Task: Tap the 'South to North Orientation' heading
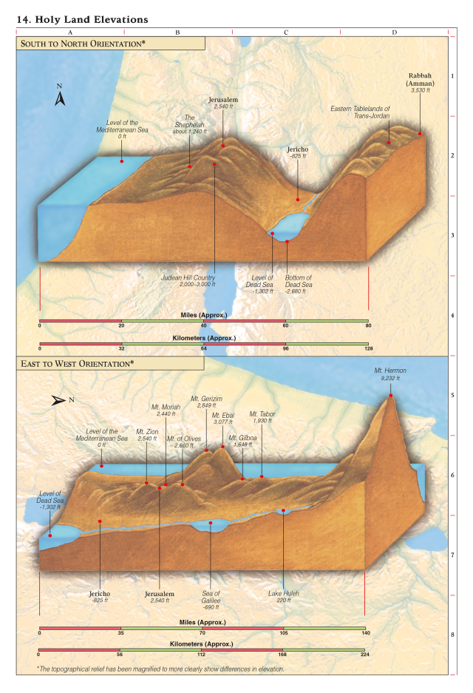(x=83, y=44)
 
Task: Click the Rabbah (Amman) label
(x=421, y=83)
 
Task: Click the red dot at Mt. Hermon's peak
(x=390, y=396)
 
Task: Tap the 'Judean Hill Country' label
(x=188, y=281)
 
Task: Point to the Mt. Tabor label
(x=262, y=417)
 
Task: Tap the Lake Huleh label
(x=284, y=596)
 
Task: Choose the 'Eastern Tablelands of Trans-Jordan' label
(x=361, y=112)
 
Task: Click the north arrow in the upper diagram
(x=61, y=98)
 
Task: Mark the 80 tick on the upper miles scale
(x=367, y=324)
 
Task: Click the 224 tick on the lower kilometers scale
(x=364, y=654)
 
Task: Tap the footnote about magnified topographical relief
(x=160, y=669)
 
